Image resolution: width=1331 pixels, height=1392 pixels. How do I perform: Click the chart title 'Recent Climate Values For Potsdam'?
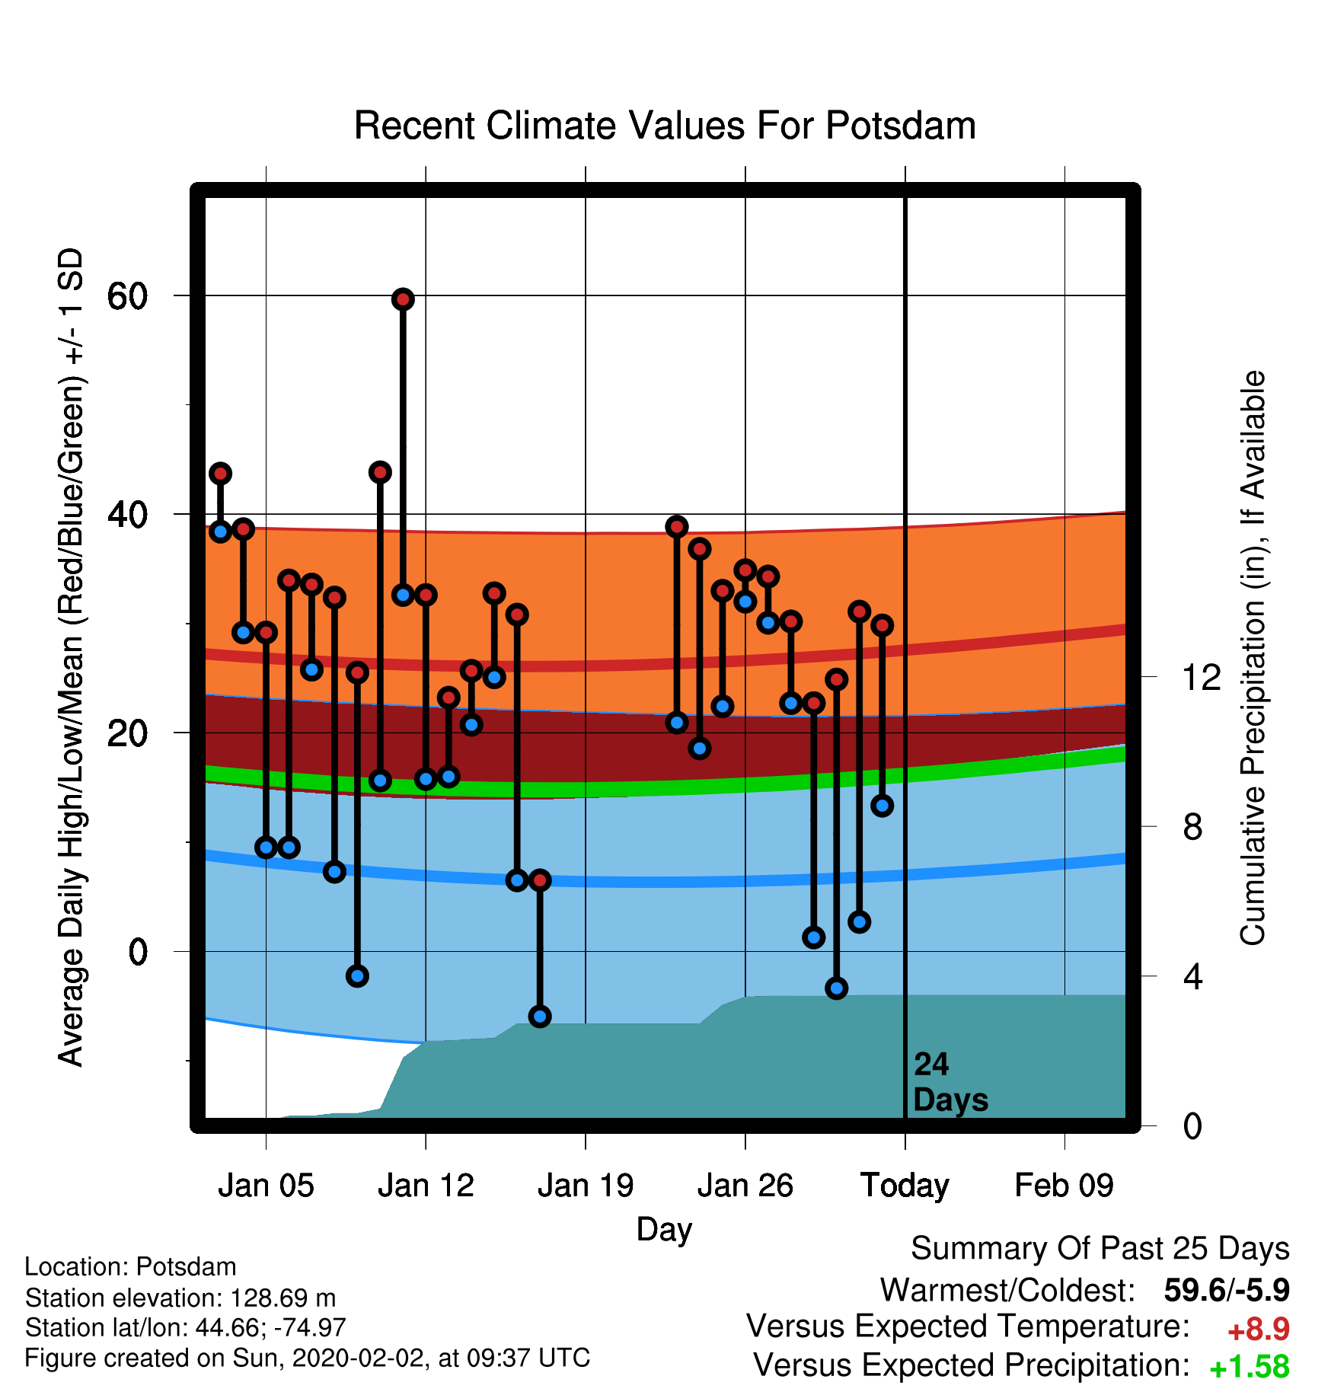(x=665, y=126)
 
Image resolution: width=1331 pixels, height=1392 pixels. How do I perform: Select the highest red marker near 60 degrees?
(x=403, y=299)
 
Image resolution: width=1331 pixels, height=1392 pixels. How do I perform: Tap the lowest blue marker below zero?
(x=540, y=1017)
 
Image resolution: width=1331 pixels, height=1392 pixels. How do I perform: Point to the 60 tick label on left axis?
(x=127, y=296)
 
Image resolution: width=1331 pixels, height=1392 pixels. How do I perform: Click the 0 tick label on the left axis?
(x=138, y=952)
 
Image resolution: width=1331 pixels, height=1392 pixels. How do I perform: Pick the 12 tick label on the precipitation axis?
(x=1202, y=677)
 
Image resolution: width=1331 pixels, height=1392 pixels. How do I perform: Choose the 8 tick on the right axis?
(x=1192, y=826)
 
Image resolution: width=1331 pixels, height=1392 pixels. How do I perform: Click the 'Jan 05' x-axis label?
(x=266, y=1186)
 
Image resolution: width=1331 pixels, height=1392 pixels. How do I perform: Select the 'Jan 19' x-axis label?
(x=586, y=1186)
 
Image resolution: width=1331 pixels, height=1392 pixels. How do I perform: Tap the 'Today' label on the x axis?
(x=905, y=1186)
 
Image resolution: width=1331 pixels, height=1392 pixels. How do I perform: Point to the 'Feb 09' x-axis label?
(x=1064, y=1186)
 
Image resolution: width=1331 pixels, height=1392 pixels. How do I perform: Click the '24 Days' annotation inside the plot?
(x=950, y=1082)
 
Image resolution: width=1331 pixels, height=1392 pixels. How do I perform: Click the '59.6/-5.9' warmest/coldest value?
(x=1227, y=1290)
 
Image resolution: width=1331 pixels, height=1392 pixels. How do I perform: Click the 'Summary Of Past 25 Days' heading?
(x=1100, y=1249)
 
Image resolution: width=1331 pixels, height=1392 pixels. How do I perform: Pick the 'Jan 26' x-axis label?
(x=745, y=1186)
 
